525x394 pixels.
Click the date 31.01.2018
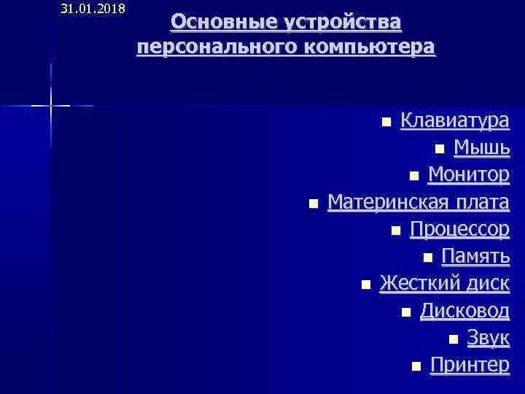(x=93, y=9)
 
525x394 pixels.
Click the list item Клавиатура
(x=455, y=120)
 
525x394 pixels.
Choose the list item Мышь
(x=481, y=148)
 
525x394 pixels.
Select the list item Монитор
(x=469, y=175)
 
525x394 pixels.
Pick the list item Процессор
(x=459, y=229)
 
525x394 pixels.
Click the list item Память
(x=475, y=256)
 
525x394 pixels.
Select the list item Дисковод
(x=464, y=311)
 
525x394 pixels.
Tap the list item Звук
(x=488, y=338)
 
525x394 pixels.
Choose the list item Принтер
(x=470, y=364)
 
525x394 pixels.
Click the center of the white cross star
(x=51, y=107)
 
